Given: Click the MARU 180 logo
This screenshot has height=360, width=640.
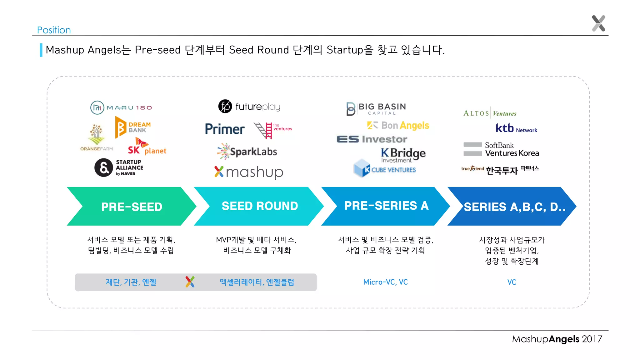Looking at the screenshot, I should tap(121, 107).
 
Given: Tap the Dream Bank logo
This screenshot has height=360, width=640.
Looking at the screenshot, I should tap(133, 127).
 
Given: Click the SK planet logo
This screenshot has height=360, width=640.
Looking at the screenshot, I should tap(147, 147).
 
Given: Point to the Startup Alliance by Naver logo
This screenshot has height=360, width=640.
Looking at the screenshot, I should tap(119, 167).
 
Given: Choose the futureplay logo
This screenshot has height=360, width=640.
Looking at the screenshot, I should tap(249, 107).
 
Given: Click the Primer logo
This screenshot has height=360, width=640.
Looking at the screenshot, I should tap(225, 129).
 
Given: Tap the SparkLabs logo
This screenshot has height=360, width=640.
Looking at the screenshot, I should tap(247, 152).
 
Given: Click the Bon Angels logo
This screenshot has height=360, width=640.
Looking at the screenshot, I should tap(398, 125).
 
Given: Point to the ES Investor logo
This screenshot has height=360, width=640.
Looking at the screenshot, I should tap(372, 139).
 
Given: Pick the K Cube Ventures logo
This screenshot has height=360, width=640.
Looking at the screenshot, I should tap(385, 169).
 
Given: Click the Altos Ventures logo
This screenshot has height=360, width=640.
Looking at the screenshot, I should tap(490, 113).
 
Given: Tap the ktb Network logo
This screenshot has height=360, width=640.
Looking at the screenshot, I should tap(516, 128).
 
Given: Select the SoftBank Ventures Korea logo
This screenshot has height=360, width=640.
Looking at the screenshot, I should tap(501, 149).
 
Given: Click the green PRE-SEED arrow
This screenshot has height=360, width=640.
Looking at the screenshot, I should tap(132, 207).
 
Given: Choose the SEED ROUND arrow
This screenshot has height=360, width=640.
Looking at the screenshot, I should tap(260, 206).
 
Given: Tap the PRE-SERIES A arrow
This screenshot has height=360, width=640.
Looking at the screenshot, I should tap(386, 206).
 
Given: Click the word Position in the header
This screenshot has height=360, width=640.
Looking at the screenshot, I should tap(54, 30).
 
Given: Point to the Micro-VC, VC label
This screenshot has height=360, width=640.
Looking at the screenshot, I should tap(385, 282).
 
